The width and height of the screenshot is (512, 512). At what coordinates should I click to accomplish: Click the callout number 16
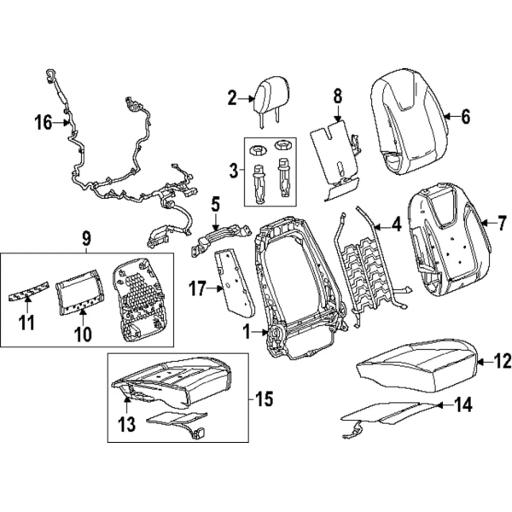point(43,124)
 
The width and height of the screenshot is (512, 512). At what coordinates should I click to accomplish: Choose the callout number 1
point(245,333)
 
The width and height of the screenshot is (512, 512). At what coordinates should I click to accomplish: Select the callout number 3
point(233,171)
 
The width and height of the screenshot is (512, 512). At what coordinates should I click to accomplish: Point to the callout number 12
point(503,362)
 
